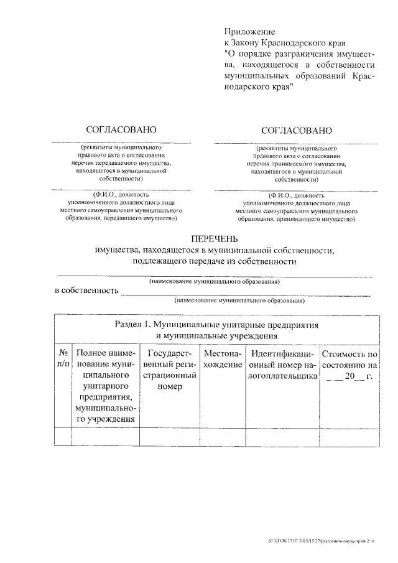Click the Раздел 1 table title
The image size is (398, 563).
pyautogui.click(x=217, y=330)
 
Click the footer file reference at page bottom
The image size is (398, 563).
pyautogui.click(x=318, y=542)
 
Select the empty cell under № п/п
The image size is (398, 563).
pyautogui.click(x=62, y=437)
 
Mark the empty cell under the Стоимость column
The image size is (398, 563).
pyautogui.click(x=349, y=437)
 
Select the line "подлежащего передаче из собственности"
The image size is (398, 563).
pyautogui.click(x=214, y=261)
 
